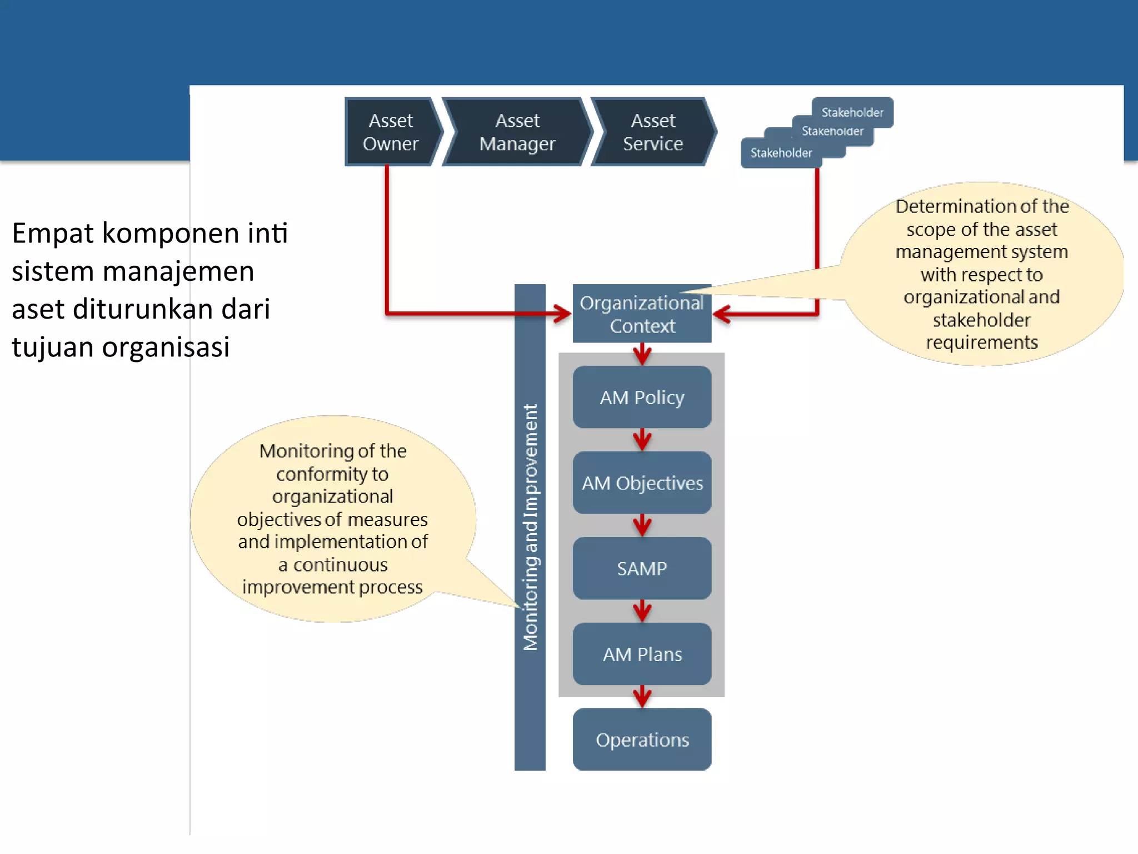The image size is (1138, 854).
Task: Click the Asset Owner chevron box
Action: coord(391,132)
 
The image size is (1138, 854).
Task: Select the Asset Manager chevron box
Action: coord(517,132)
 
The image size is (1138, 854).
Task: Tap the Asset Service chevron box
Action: coord(653,132)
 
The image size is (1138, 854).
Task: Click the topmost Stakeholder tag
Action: coord(852,112)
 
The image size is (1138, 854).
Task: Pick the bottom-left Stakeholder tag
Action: coord(781,152)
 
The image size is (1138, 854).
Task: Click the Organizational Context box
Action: coord(642,314)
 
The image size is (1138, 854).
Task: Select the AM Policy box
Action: coord(642,397)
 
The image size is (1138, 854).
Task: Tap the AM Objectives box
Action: coord(642,483)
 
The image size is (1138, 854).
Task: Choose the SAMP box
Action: coord(642,568)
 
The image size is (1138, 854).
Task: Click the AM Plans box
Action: coord(642,654)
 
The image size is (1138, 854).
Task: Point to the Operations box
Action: coord(642,739)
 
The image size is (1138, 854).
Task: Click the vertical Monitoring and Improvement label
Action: coord(530,527)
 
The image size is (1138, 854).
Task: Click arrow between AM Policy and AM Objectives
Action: coord(642,440)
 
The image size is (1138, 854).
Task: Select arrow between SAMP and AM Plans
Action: coord(642,611)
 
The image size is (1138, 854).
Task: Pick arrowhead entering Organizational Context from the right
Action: coord(722,314)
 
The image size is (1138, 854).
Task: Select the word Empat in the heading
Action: coord(53,234)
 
